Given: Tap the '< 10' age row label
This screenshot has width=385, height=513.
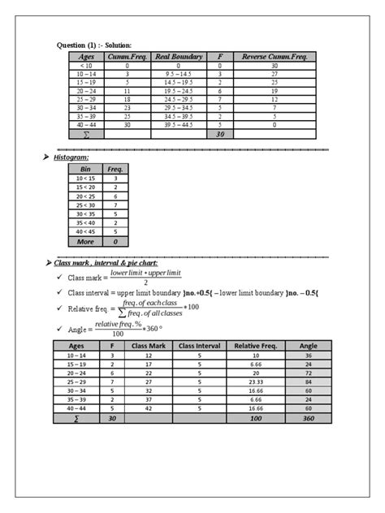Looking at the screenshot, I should click(x=86, y=65).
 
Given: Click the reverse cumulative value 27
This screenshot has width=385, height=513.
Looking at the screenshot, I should click(x=275, y=74).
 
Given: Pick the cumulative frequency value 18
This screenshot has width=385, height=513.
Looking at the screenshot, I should click(x=127, y=100).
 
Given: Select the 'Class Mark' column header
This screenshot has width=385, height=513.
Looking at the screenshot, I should click(x=149, y=344).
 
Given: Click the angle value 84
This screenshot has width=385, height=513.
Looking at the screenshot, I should click(x=309, y=381).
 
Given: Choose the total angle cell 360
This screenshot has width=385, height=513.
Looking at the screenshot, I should click(x=309, y=418).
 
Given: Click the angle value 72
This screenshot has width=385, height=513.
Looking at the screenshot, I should click(x=309, y=372).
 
